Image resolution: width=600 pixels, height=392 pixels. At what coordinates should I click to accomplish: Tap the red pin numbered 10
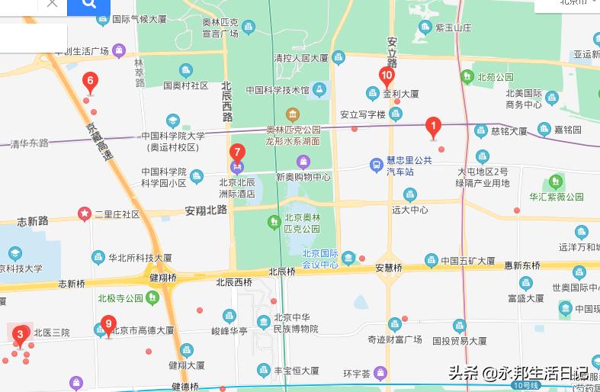tap(387, 76)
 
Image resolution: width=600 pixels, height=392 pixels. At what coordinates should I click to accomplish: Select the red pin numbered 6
tap(90, 81)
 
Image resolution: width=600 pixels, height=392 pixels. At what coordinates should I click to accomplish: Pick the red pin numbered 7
tap(237, 152)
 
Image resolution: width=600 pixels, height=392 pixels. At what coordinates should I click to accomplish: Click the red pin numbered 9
tap(108, 325)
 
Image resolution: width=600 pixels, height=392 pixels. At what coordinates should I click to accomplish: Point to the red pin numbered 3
tap(21, 334)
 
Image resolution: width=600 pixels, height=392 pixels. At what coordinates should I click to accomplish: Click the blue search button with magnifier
tap(88, 5)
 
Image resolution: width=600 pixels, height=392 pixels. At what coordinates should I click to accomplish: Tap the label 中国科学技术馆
tap(278, 91)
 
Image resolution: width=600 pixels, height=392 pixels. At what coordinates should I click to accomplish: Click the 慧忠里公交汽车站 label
tap(409, 165)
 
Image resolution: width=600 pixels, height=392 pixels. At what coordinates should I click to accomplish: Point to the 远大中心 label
tap(410, 209)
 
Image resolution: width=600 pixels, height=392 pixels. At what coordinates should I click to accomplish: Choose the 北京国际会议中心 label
tap(319, 259)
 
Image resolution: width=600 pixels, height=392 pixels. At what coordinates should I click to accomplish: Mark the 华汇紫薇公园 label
tap(557, 196)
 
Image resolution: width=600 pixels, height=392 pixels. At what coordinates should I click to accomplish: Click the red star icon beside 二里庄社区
tap(84, 214)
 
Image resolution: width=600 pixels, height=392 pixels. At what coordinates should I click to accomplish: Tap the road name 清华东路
tap(30, 143)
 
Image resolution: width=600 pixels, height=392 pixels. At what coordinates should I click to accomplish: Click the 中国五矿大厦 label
tap(467, 260)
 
